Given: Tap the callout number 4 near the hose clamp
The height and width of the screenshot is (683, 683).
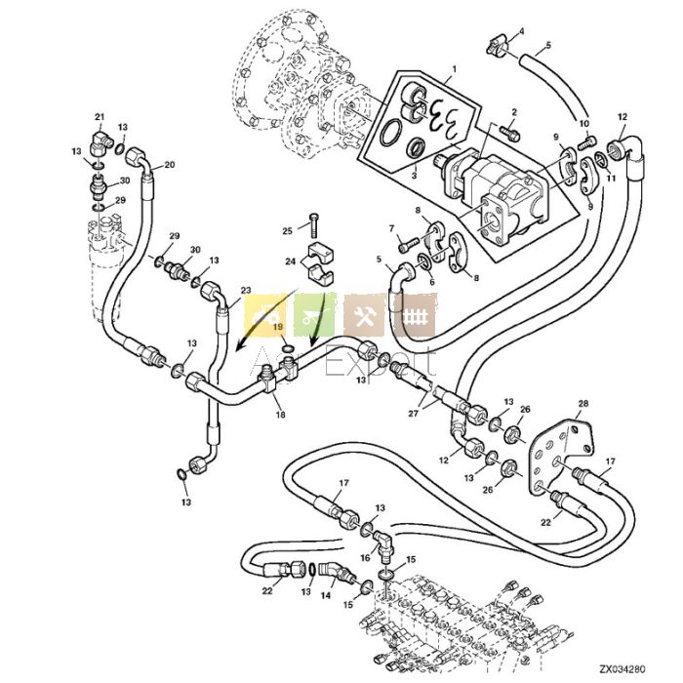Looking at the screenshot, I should click(520, 32).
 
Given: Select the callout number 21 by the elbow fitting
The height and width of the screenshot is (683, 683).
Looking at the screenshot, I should click(99, 117).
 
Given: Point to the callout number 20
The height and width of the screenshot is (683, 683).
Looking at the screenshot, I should click(169, 165).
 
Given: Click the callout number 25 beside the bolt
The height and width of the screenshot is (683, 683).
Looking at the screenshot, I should click(288, 230).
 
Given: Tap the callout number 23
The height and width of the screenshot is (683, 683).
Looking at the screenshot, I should click(245, 290).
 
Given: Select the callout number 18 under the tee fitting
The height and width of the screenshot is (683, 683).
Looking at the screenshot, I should click(280, 416).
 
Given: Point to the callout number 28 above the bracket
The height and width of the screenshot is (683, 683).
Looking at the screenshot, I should click(583, 403).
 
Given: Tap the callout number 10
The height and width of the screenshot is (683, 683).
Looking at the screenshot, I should click(584, 124).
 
